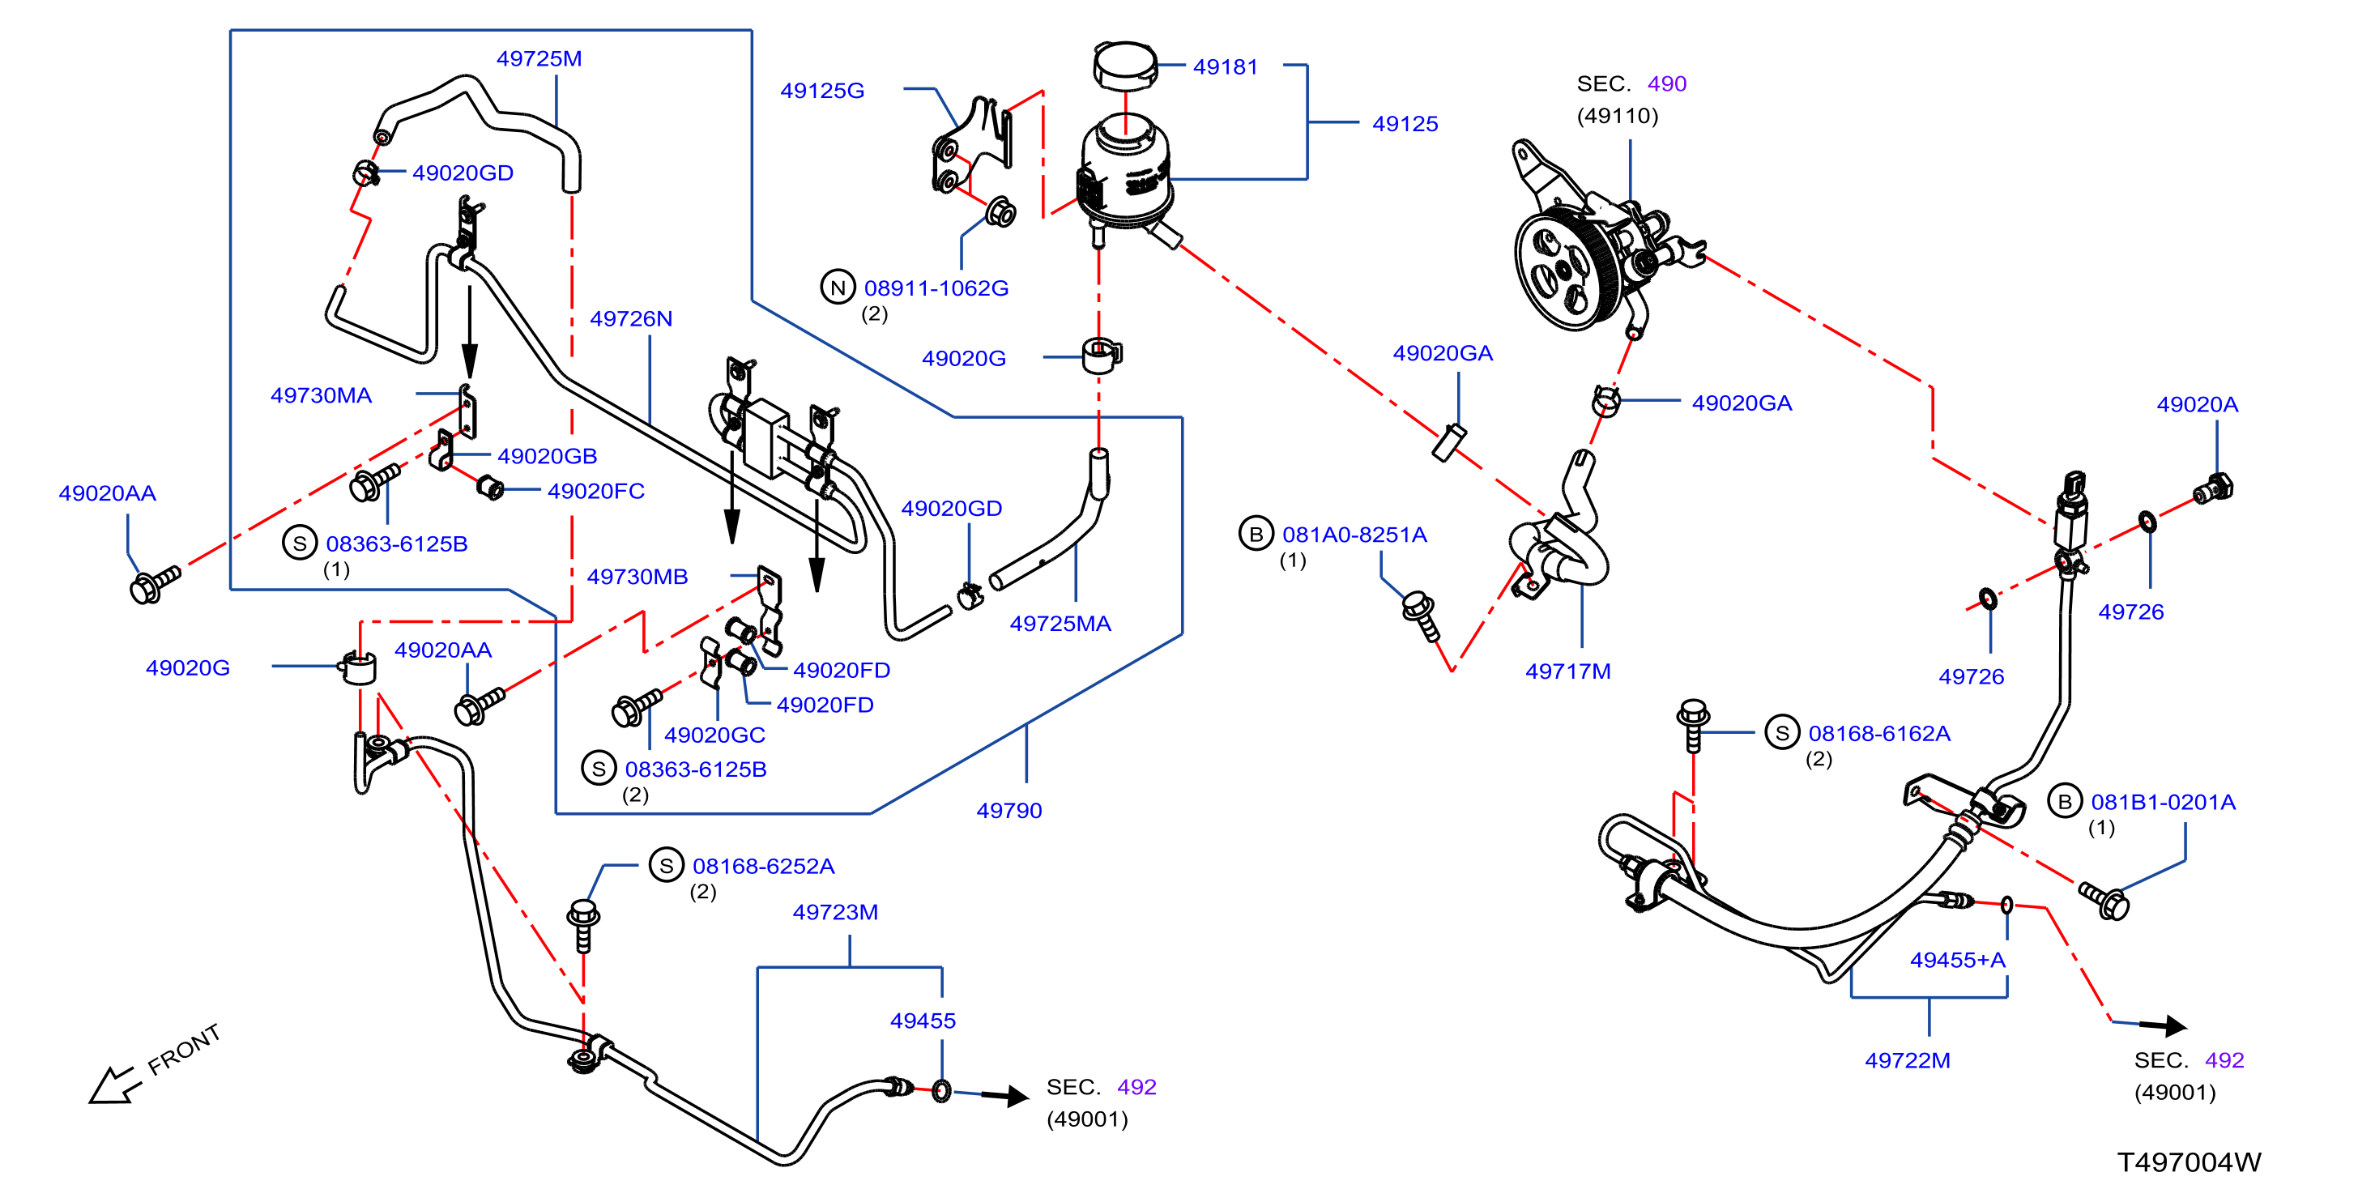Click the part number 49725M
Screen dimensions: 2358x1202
(539, 58)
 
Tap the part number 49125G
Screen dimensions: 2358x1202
(822, 91)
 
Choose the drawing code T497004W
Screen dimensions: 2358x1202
(2189, 1162)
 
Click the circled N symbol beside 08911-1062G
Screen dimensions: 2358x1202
(838, 288)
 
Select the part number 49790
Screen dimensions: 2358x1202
(1008, 810)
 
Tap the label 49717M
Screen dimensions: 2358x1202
(1567, 671)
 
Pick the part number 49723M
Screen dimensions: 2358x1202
(835, 912)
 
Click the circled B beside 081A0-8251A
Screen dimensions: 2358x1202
(1256, 534)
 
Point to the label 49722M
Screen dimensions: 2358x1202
(1908, 1060)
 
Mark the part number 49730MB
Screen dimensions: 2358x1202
(637, 577)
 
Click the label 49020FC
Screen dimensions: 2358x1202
(596, 491)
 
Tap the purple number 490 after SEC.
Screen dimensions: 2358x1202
(1666, 83)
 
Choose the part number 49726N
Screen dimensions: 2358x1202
(631, 318)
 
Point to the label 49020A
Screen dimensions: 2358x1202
(2197, 403)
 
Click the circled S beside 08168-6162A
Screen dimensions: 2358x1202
(1781, 732)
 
